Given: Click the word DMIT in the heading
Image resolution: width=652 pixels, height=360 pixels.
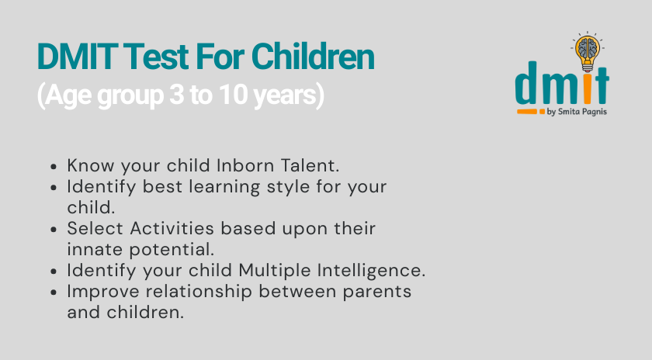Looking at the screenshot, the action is point(76,56).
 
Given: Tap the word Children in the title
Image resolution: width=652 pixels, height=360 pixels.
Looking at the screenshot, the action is point(313,56).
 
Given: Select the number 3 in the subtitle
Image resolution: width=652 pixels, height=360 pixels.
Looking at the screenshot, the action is point(176,95).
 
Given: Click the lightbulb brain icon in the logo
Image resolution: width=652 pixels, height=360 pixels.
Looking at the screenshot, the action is point(588,51).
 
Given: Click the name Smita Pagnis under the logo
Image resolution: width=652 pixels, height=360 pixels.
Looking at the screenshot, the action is point(582,112).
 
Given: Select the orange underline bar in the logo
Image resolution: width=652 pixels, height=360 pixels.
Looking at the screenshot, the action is point(531,112).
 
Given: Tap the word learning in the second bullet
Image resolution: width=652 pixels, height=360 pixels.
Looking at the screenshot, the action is point(224,188).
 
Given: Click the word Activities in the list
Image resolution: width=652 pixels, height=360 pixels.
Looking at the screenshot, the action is point(172,229).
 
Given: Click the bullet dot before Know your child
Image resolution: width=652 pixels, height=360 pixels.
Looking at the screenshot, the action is point(54,167).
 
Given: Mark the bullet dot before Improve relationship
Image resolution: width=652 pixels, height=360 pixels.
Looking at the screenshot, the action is point(54,292).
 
